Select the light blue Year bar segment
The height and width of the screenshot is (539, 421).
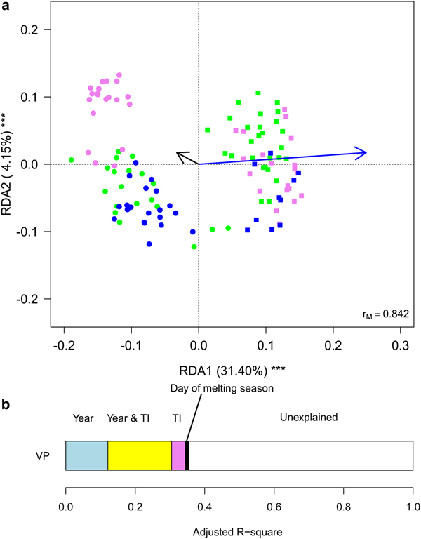(86, 455)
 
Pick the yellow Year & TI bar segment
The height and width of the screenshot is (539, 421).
(140, 455)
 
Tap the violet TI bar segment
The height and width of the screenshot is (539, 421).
(178, 455)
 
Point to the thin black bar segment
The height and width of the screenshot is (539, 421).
(187, 455)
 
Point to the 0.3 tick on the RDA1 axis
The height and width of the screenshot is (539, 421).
(400, 346)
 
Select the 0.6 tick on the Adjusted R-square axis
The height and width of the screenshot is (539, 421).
(343, 503)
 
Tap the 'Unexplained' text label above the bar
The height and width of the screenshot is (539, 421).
(311, 417)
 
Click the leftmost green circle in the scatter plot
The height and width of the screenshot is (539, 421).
(72, 159)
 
